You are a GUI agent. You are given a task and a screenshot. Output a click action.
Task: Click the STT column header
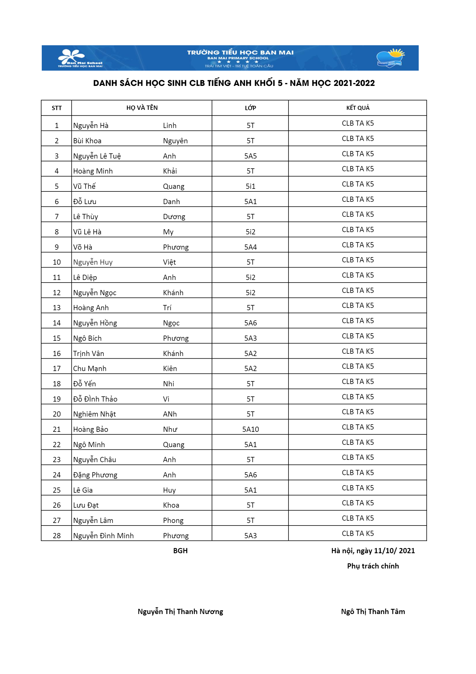pyautogui.click(x=57, y=108)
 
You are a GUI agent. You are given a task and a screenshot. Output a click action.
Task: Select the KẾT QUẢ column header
pyautogui.click(x=358, y=108)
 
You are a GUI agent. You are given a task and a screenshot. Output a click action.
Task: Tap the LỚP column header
pyautogui.click(x=250, y=108)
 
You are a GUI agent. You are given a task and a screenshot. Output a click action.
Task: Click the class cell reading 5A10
pyautogui.click(x=250, y=429)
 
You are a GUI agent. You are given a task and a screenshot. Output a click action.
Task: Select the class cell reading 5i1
pyautogui.click(x=250, y=187)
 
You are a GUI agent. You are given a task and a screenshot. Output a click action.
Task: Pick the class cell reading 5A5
pyautogui.click(x=250, y=156)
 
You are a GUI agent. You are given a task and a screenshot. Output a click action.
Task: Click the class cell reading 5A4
pyautogui.click(x=250, y=247)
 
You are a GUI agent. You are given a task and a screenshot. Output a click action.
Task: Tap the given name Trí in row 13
pyautogui.click(x=167, y=308)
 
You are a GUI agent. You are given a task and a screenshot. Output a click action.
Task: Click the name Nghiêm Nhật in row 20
pyautogui.click(x=94, y=414)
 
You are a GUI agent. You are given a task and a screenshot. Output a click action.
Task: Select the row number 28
pyautogui.click(x=57, y=535)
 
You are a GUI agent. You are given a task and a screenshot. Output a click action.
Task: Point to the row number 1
pyautogui.click(x=57, y=126)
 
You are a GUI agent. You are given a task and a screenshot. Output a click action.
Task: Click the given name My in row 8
pyautogui.click(x=168, y=232)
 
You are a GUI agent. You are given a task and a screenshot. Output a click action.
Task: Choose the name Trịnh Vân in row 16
pyautogui.click(x=89, y=353)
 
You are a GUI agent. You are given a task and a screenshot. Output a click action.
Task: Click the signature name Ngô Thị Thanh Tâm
pyautogui.click(x=373, y=611)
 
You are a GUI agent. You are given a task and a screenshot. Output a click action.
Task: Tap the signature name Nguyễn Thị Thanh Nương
pyautogui.click(x=180, y=611)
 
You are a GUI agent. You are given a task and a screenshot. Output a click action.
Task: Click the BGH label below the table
pyautogui.click(x=180, y=551)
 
